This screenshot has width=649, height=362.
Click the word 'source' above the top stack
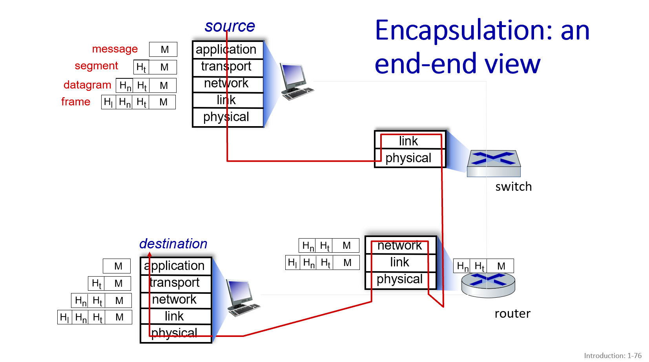(230, 26)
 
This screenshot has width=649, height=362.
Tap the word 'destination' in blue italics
(173, 244)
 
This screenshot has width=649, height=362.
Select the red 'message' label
(115, 49)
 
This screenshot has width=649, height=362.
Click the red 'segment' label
(96, 66)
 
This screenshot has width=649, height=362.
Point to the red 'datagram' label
(87, 85)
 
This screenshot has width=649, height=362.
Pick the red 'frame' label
(76, 102)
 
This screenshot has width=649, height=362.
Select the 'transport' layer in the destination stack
(175, 283)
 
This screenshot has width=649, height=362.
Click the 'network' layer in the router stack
(400, 246)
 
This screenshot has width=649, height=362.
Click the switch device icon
(494, 163)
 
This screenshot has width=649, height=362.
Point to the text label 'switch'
(513, 187)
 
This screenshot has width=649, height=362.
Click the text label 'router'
(512, 314)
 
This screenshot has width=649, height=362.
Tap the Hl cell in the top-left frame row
(108, 102)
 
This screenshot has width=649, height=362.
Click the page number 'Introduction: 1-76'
(613, 356)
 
